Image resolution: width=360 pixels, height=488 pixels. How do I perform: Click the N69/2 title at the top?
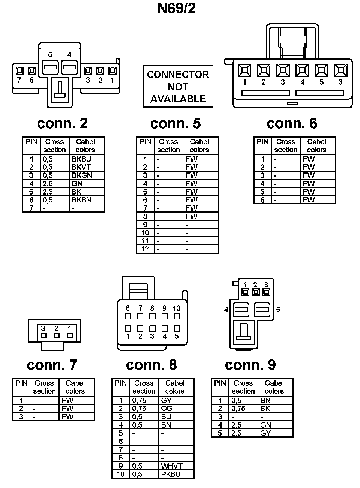tap(176, 8)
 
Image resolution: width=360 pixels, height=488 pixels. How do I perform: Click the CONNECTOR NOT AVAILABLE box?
tap(178, 87)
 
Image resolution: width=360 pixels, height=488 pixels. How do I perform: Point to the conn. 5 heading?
tap(175, 123)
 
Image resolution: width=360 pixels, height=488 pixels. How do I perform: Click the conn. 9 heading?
tap(250, 365)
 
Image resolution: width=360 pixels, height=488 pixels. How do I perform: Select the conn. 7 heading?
tap(52, 365)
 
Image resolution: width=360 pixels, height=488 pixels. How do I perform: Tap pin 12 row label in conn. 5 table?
tap(145, 249)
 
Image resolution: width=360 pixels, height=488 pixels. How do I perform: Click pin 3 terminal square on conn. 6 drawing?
tap(283, 70)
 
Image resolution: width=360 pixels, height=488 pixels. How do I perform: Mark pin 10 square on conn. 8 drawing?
tap(177, 316)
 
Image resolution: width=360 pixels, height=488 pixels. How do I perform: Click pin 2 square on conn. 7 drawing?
tap(57, 335)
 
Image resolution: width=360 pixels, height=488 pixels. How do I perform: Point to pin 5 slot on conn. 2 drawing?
tap(50, 68)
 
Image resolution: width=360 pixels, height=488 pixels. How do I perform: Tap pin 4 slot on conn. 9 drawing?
tap(241, 310)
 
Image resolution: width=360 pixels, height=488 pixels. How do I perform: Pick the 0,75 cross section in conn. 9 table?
tap(238, 409)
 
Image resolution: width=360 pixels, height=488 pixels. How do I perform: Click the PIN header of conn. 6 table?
tap(262, 142)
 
